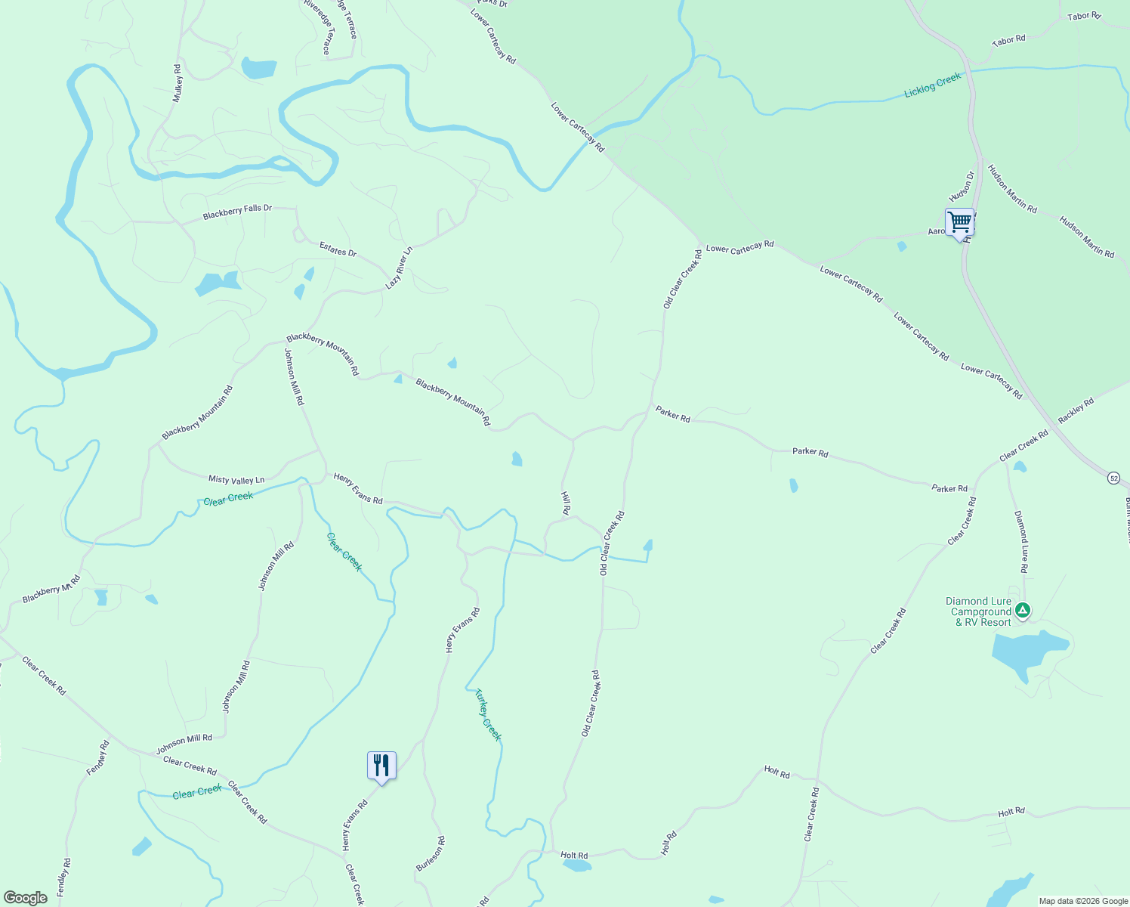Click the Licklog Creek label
933,85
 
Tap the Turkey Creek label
488,714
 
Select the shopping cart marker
959,223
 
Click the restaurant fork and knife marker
381,766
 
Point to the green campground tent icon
1022,610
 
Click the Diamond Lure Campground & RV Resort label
979,612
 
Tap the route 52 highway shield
1114,478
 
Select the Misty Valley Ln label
236,480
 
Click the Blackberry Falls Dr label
237,212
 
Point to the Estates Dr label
338,249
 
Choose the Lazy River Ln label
400,268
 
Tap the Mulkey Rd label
178,83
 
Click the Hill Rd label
565,503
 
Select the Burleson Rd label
431,853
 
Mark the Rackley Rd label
1076,411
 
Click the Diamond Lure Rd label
1021,542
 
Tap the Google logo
26,897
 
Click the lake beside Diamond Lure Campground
1027,652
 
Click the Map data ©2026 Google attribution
1082,901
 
